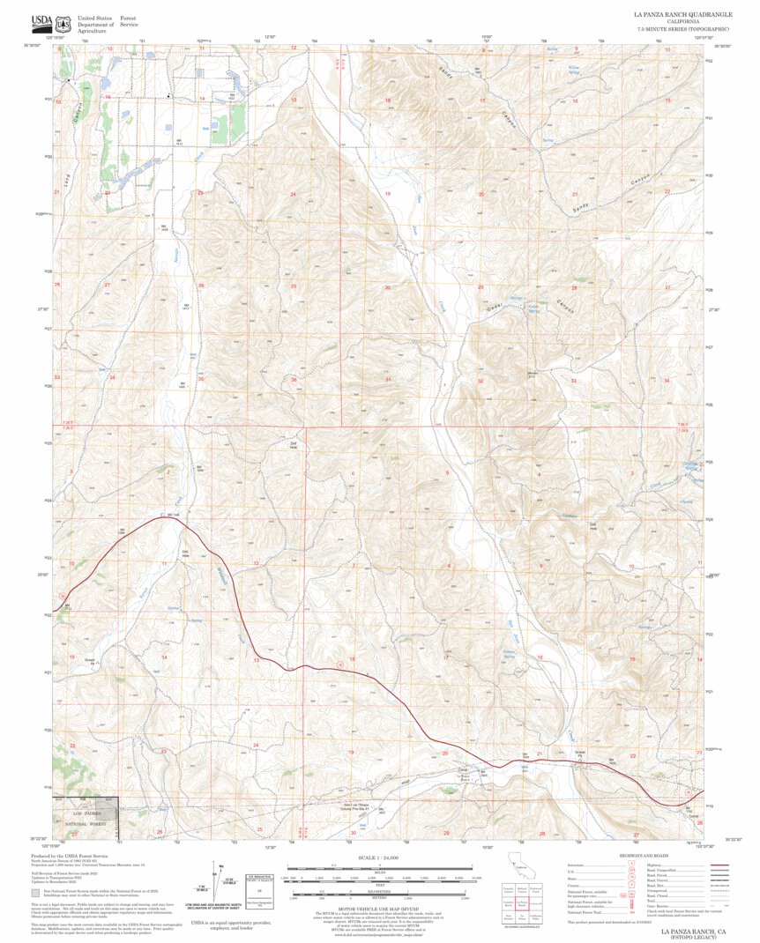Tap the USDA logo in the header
pyautogui.click(x=41, y=22)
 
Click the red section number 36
pyautogui.click(x=294, y=380)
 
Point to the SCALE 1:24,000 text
pyautogui.click(x=379, y=857)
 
